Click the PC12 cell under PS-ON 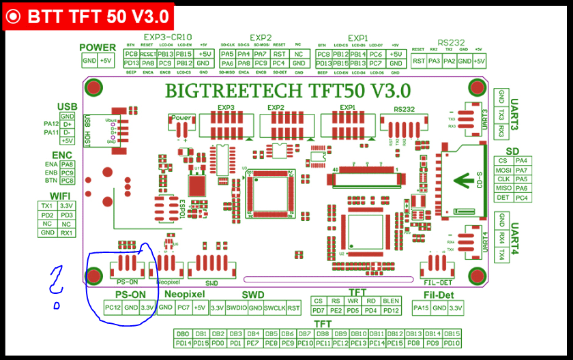[x=113, y=307]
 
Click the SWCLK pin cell [x=274, y=308]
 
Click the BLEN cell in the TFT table [x=391, y=301]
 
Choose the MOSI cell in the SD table [x=503, y=170]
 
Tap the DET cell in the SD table [x=503, y=198]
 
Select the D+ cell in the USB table [x=67, y=124]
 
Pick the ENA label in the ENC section [x=52, y=164]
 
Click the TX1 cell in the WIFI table [x=47, y=205]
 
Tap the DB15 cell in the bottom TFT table [x=452, y=334]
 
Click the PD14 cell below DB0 [x=182, y=343]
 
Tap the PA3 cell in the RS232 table [x=435, y=61]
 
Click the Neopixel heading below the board [x=184, y=294]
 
